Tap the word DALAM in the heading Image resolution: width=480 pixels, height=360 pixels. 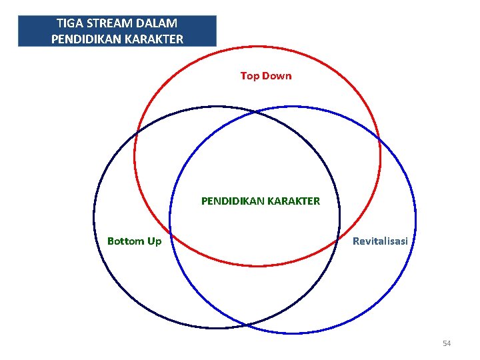(x=157, y=24)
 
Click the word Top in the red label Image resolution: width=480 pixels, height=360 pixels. (x=250, y=76)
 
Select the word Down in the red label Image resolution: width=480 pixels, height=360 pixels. (x=277, y=76)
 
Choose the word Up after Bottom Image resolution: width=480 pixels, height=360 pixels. (x=154, y=241)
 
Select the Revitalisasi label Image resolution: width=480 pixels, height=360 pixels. (x=380, y=241)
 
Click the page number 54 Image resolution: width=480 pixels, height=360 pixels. (x=447, y=343)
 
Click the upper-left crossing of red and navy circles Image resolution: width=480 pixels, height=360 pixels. (x=136, y=134)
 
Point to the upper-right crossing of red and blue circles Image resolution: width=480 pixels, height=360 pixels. (x=378, y=138)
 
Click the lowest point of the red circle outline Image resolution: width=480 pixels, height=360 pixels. (x=257, y=266)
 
